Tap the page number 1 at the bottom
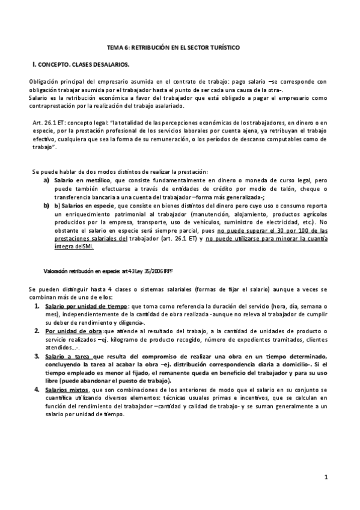(x=325, y=478)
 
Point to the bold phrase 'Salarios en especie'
(x=81, y=206)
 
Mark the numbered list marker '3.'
(x=37, y=356)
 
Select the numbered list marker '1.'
(x=37, y=306)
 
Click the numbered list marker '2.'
(x=37, y=331)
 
